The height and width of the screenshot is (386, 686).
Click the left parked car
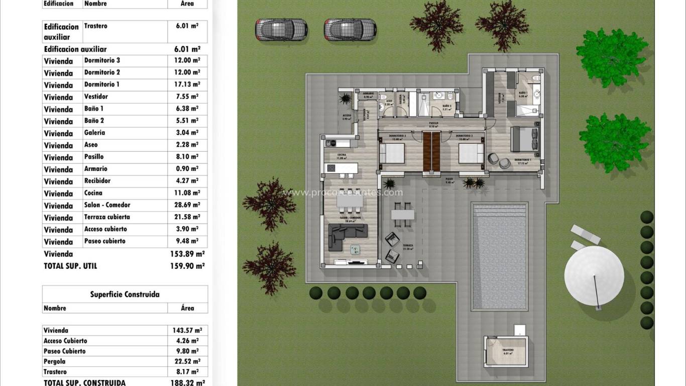point(281,30)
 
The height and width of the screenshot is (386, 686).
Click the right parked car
point(350,30)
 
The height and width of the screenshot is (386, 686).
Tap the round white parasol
point(594,274)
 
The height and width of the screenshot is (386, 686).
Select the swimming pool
point(500,256)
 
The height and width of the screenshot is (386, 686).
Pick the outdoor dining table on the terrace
point(402,215)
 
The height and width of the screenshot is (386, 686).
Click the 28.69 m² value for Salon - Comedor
point(185,205)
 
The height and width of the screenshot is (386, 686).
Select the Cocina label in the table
point(93,193)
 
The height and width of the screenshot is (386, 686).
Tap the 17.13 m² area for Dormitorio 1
point(185,84)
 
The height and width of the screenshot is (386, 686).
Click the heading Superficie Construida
point(125,295)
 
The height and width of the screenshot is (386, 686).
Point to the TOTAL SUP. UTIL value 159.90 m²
point(187,266)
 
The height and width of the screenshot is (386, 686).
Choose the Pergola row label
point(55,361)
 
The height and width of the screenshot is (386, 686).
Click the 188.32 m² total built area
point(187,382)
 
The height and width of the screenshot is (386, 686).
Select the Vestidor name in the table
point(96,96)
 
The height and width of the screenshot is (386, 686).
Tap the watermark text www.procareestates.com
point(343,192)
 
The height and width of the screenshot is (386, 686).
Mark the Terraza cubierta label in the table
point(107,217)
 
